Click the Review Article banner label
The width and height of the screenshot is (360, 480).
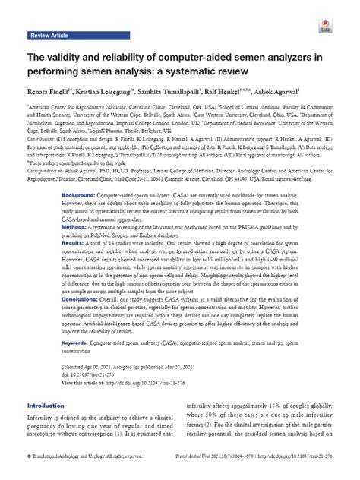click(x=49, y=35)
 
